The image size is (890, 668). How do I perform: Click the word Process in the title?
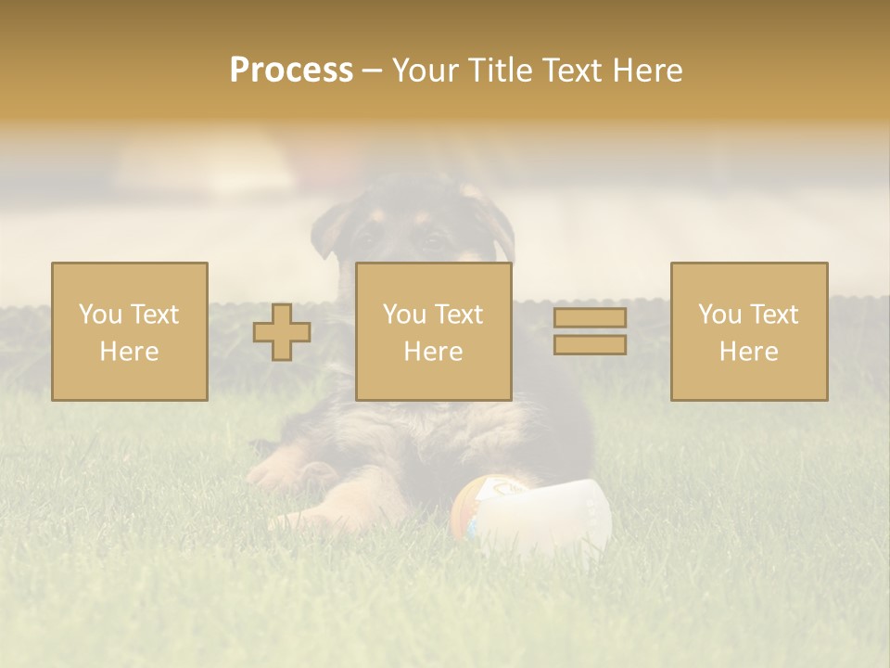coord(291,71)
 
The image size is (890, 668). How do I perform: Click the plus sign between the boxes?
coord(282,332)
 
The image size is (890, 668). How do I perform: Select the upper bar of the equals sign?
coord(590,318)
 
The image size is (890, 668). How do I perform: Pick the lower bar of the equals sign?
coord(590,345)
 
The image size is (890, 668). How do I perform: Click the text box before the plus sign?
coord(130,331)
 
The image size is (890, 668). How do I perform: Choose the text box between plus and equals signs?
coord(434,331)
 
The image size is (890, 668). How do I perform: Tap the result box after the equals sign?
coord(749,331)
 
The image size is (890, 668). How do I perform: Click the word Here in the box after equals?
coord(749,352)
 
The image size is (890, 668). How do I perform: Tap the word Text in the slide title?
coord(573,71)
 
